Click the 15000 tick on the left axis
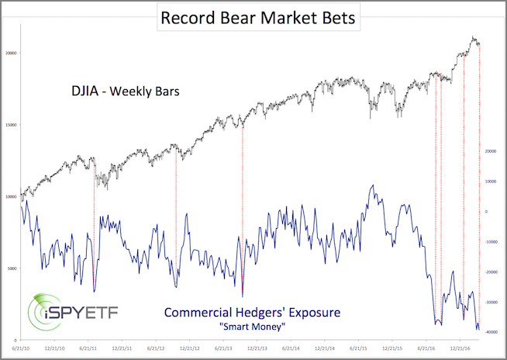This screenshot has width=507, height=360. [9, 125]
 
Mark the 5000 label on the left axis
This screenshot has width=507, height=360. [11, 268]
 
